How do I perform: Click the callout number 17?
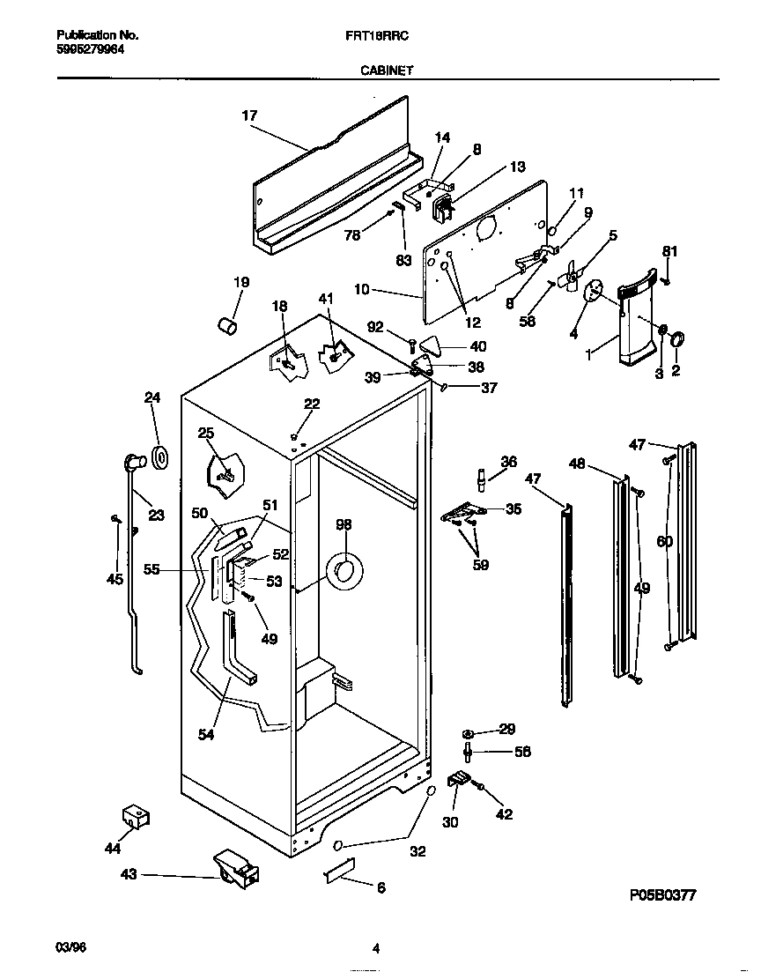(248, 115)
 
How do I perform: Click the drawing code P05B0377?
(662, 895)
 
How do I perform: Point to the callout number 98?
(343, 524)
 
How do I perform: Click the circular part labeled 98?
(342, 571)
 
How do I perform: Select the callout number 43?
(129, 874)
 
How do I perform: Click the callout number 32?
(417, 851)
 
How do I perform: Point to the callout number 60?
(664, 541)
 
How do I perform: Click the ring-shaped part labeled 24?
(160, 457)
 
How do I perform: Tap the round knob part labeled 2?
(678, 341)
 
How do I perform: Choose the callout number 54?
(205, 734)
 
